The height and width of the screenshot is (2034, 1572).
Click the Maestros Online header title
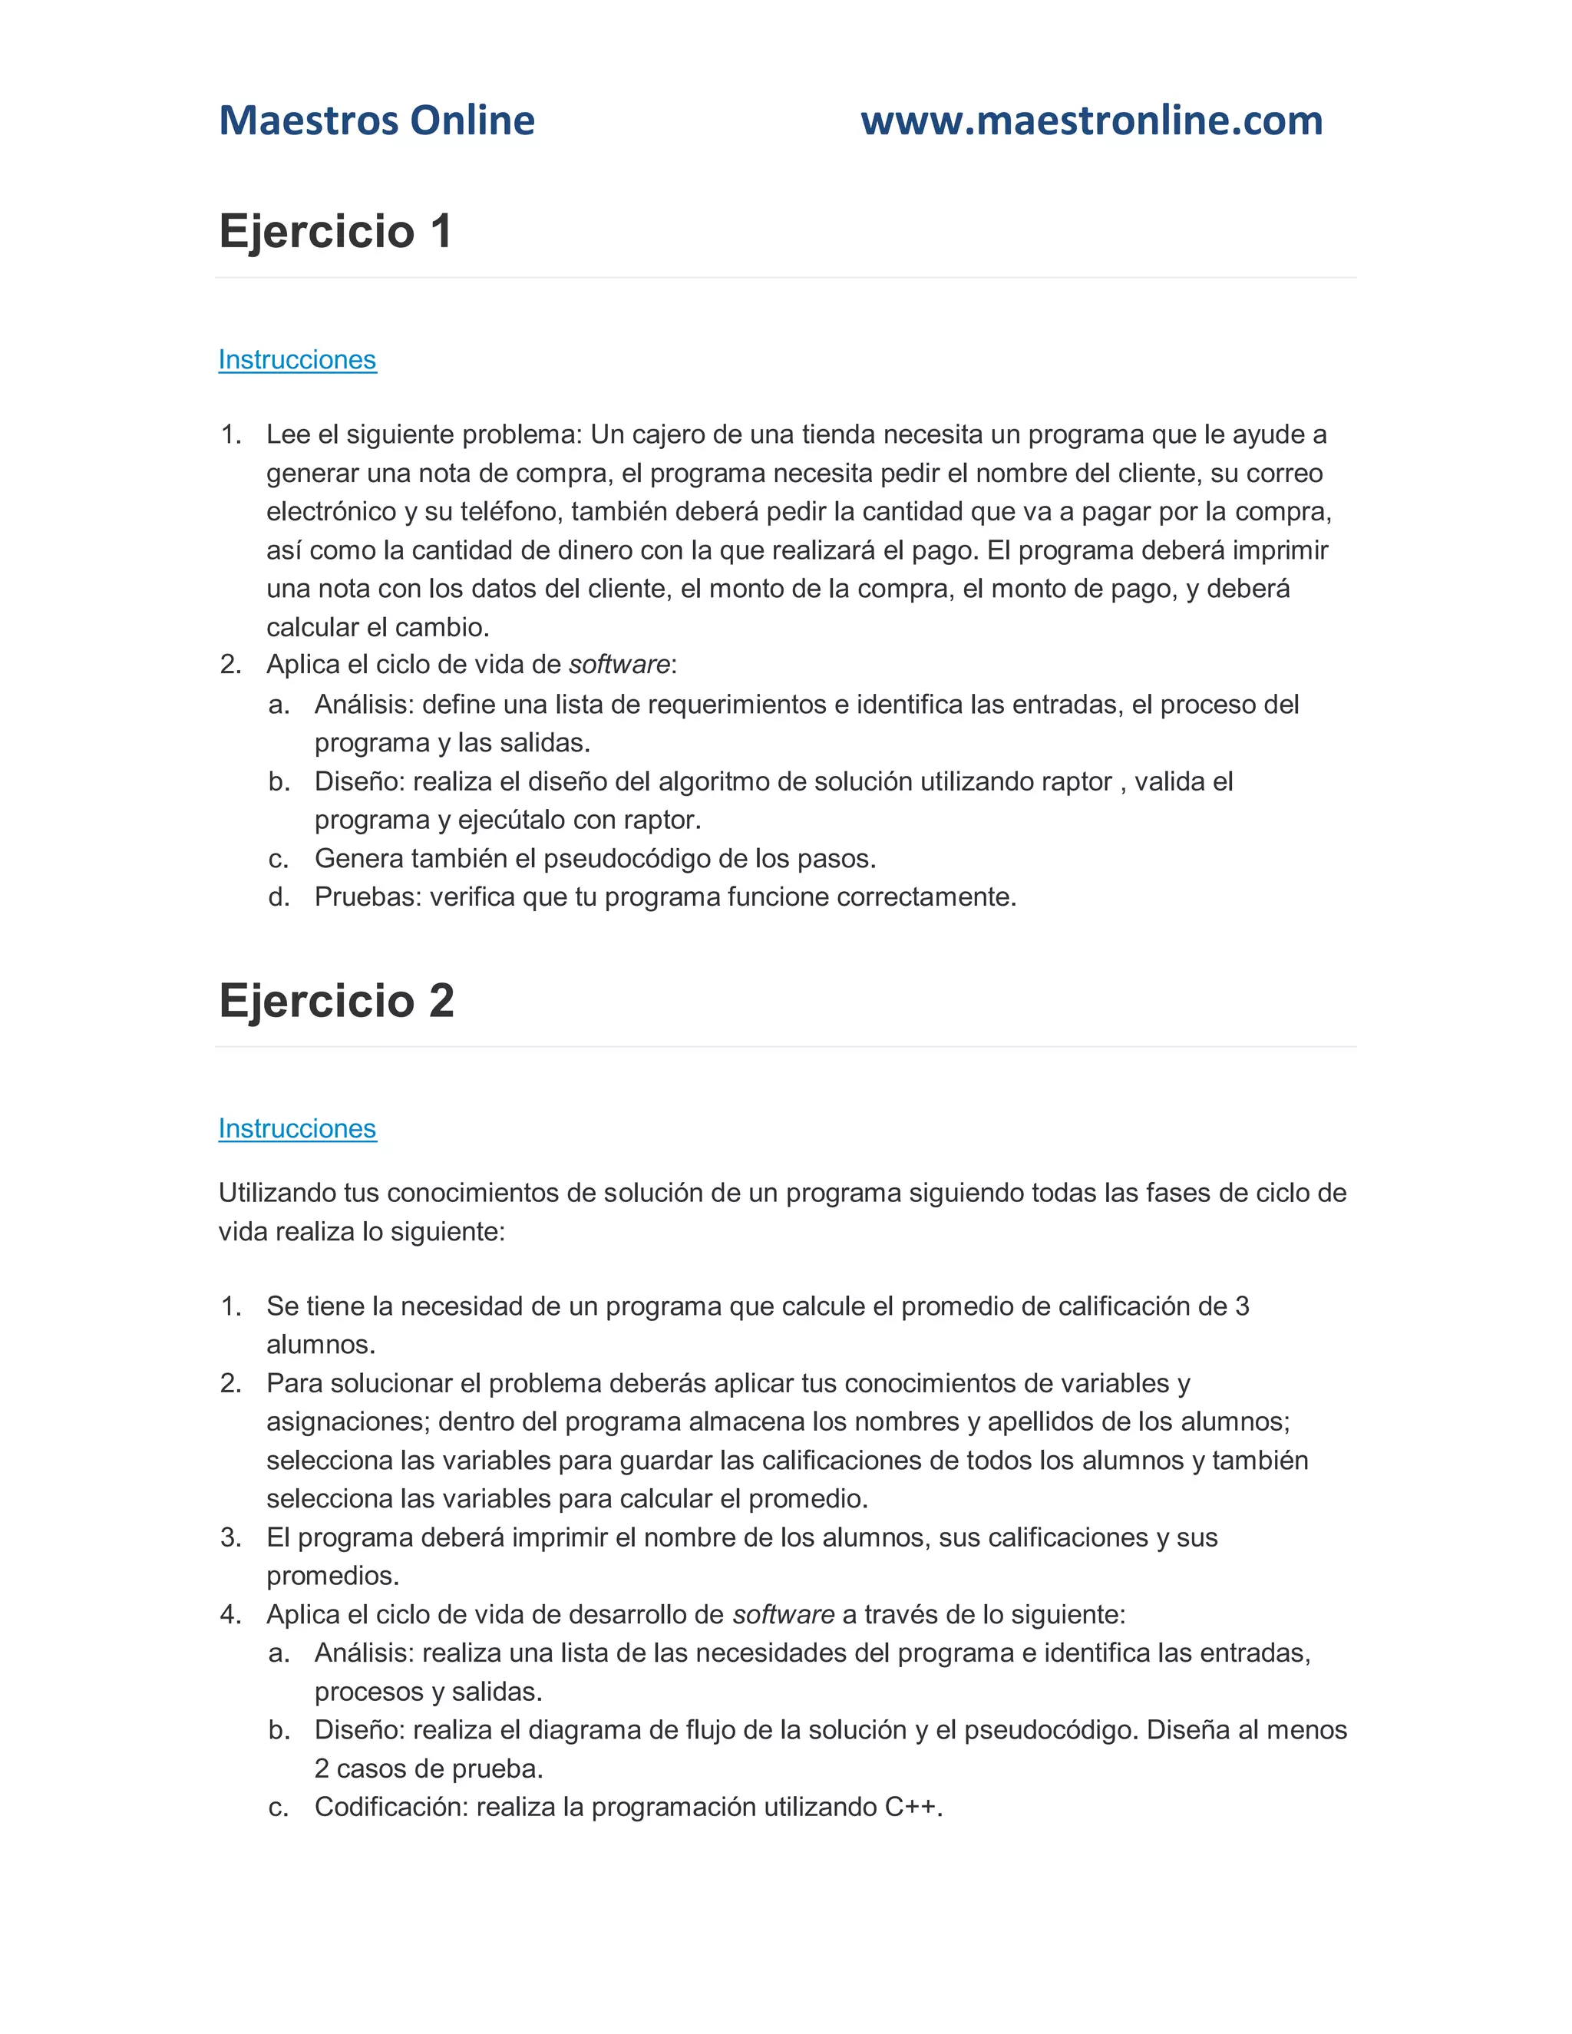(376, 121)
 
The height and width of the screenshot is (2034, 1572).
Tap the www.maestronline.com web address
(1091, 121)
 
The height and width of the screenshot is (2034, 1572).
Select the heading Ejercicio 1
(335, 231)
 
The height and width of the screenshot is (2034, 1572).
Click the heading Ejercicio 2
(336, 1001)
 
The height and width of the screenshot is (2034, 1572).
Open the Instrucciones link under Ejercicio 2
(297, 1129)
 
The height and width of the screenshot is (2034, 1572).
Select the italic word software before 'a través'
(783, 1615)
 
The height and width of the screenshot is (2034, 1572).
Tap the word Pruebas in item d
(367, 896)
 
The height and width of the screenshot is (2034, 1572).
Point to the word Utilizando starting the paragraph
(278, 1193)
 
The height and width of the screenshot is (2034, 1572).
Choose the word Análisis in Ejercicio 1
(363, 705)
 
